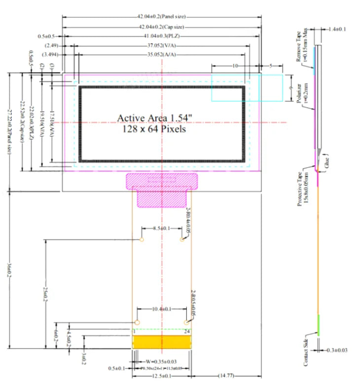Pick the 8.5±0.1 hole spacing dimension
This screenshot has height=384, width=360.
(162, 229)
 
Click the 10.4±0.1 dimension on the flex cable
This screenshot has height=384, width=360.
(162, 309)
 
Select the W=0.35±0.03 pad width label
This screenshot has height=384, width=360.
(162, 361)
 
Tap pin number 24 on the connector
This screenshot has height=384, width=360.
(187, 331)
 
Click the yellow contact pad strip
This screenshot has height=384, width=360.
(162, 341)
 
